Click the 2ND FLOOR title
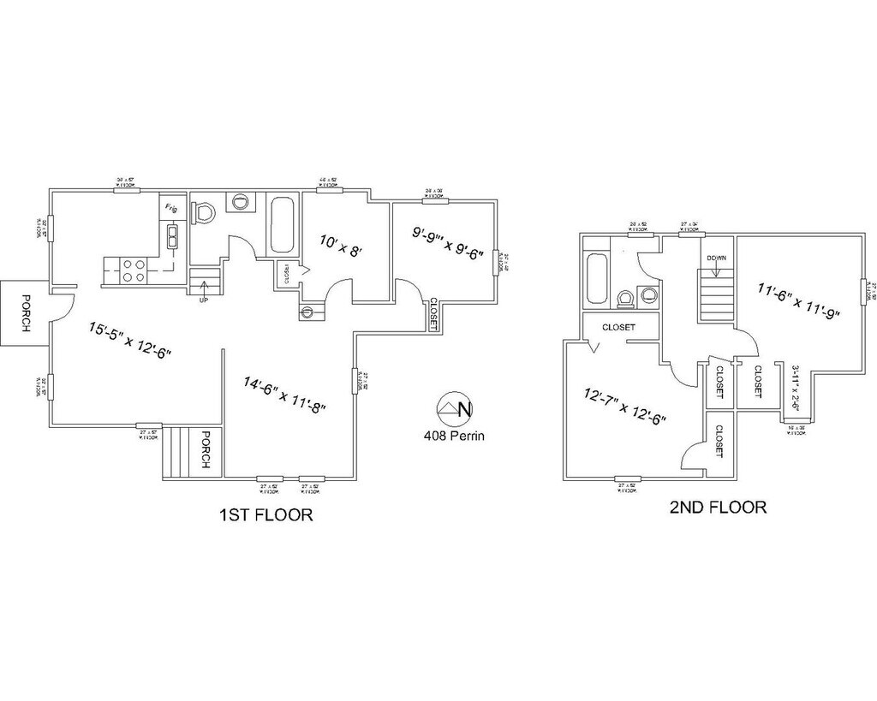(718, 508)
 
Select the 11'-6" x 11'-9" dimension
(798, 300)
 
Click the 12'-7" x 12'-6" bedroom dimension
(625, 407)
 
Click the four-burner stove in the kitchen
(133, 270)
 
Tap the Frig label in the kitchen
(171, 208)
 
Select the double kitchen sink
(173, 235)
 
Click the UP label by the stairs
(203, 301)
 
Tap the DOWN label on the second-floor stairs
(717, 258)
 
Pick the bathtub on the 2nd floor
(597, 278)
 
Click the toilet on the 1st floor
(204, 211)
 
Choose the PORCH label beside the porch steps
(206, 450)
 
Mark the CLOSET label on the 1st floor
(433, 312)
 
